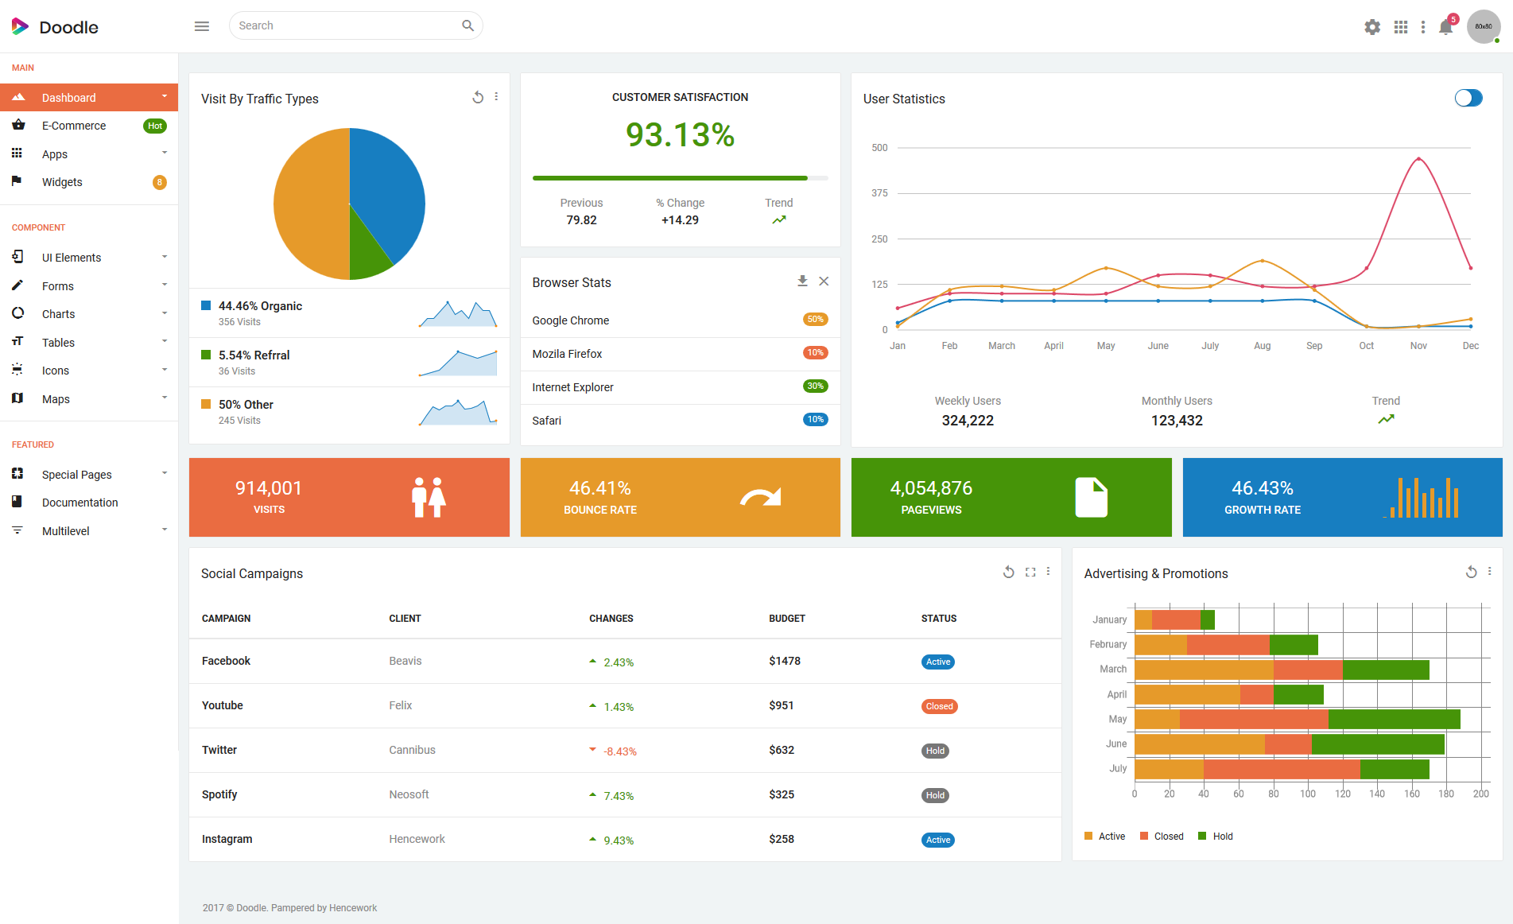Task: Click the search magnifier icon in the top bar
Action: point(467,25)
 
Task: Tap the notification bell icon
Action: point(1445,28)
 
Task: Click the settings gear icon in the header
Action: point(1372,27)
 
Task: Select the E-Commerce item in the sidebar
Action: point(74,126)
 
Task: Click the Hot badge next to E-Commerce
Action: point(155,126)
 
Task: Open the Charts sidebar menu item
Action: point(59,314)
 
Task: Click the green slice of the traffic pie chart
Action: point(367,250)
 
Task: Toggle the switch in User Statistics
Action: point(1468,98)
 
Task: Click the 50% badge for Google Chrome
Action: point(816,320)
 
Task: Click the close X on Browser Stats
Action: point(824,281)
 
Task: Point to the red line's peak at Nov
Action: point(1418,159)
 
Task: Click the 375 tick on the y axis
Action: point(879,193)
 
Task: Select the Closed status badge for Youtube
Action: point(939,706)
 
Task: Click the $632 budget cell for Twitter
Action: point(782,750)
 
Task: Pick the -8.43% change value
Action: point(620,751)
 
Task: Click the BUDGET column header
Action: point(787,619)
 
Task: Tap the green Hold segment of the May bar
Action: point(1395,720)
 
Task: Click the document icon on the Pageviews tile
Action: point(1092,498)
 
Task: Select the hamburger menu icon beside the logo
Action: point(202,26)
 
